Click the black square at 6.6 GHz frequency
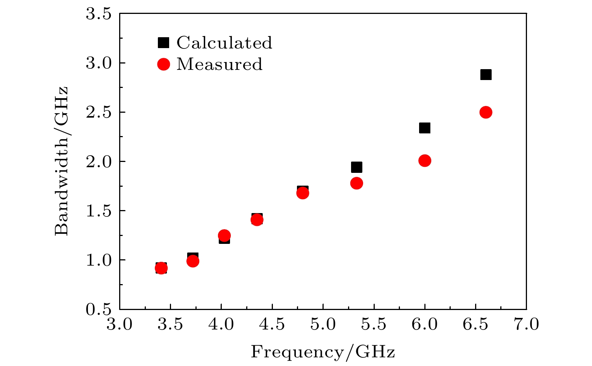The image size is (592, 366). (x=486, y=74)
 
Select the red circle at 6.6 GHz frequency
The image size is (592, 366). (x=486, y=112)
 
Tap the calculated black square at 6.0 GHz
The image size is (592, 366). (x=424, y=128)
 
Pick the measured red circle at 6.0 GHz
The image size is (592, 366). (x=424, y=161)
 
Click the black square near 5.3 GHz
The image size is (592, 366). (x=356, y=167)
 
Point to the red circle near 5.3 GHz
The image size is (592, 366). (x=356, y=183)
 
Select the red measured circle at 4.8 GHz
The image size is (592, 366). (x=303, y=193)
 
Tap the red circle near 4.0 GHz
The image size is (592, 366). (x=224, y=236)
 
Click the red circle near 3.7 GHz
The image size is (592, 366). (x=192, y=261)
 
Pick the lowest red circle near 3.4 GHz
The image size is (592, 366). (x=161, y=268)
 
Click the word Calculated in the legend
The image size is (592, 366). (x=224, y=43)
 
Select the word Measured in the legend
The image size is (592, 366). (x=219, y=64)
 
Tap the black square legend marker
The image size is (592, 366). (x=163, y=43)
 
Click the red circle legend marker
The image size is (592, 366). (x=164, y=64)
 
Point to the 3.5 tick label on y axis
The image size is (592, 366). (x=99, y=14)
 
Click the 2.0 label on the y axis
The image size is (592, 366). (x=99, y=162)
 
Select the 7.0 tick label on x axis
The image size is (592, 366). (x=526, y=324)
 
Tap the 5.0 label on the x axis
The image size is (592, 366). (x=323, y=324)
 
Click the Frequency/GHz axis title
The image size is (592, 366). (x=323, y=352)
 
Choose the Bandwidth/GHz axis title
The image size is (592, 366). (x=62, y=161)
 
